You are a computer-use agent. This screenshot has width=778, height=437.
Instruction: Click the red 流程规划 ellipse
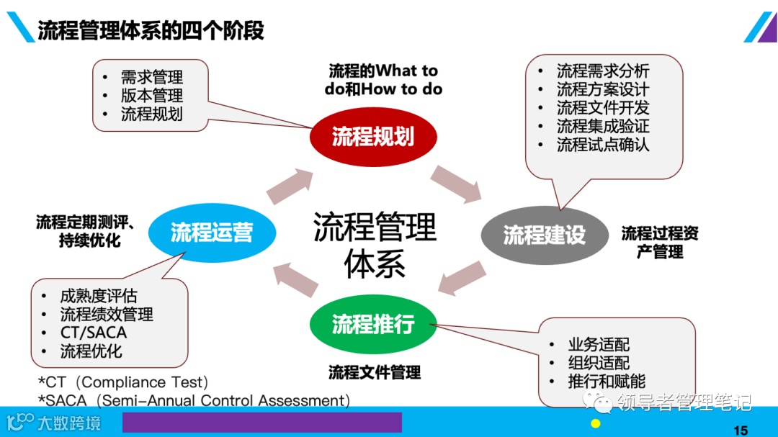[373, 137]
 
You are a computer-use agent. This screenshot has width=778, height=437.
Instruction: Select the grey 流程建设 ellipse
[545, 235]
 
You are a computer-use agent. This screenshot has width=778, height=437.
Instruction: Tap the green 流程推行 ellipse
[373, 324]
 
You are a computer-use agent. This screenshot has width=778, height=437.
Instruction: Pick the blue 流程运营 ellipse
[212, 233]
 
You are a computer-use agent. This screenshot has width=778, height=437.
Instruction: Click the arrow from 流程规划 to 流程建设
[457, 183]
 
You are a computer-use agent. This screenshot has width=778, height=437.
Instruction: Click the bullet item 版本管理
[151, 96]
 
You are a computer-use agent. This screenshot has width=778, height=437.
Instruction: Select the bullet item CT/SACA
[94, 333]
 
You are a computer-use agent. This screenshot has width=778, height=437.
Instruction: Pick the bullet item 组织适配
[599, 363]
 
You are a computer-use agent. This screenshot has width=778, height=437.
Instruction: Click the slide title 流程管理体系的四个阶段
[151, 30]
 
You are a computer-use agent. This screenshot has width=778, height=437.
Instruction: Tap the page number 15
[740, 431]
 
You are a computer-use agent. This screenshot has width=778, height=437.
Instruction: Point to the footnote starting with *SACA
[194, 400]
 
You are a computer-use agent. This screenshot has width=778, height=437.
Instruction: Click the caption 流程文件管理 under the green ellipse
[375, 373]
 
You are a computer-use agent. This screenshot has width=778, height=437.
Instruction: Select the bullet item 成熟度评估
[99, 296]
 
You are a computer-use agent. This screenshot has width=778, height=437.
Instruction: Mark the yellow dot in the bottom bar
[595, 423]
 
